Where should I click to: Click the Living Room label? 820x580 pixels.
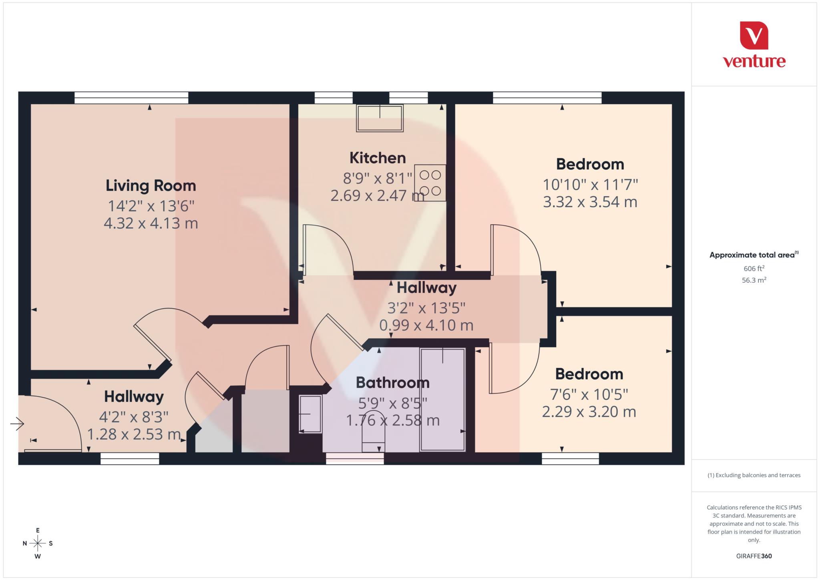pyautogui.click(x=151, y=186)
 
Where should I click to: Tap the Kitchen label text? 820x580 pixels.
pyautogui.click(x=377, y=158)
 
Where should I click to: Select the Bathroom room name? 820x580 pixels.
pyautogui.click(x=392, y=383)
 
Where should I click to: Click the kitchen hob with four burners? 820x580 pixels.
pyautogui.click(x=430, y=183)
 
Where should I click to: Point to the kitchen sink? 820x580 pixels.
pyautogui.click(x=380, y=118)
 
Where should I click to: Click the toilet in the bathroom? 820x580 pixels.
pyautogui.click(x=373, y=431)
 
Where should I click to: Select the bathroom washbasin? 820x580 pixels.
pyautogui.click(x=310, y=414)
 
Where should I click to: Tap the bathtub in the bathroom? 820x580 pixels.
pyautogui.click(x=442, y=399)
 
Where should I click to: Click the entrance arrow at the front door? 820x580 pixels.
pyautogui.click(x=17, y=423)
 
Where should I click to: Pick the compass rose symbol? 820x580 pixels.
pyautogui.click(x=38, y=543)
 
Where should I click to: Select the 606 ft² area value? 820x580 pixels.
pyautogui.click(x=754, y=269)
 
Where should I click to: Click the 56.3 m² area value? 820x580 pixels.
pyautogui.click(x=754, y=280)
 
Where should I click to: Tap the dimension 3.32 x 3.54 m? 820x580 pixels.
pyautogui.click(x=590, y=202)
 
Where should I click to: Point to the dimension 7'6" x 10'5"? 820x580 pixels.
pyautogui.click(x=589, y=395)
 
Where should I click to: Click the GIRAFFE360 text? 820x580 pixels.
pyautogui.click(x=754, y=556)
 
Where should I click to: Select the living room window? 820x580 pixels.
pyautogui.click(x=131, y=98)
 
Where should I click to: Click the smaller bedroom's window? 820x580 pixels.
pyautogui.click(x=570, y=459)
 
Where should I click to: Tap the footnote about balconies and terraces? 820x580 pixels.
pyautogui.click(x=754, y=475)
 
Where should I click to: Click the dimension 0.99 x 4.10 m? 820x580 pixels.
pyautogui.click(x=426, y=325)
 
